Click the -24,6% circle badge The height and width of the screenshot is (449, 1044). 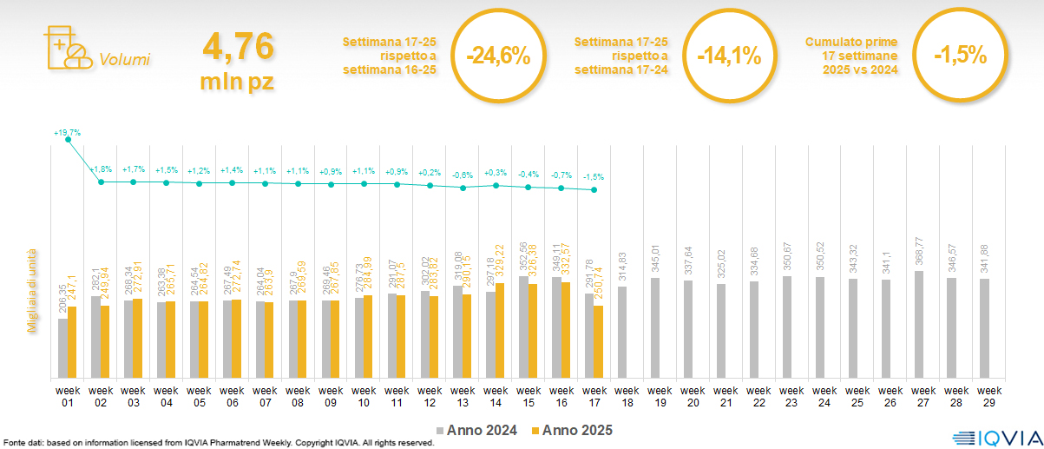pos(497,56)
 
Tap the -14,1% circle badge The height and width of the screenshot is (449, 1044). pos(728,56)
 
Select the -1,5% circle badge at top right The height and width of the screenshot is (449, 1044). pos(960,56)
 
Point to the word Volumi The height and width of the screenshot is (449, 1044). pos(124,60)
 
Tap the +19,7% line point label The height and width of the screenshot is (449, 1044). pos(67,133)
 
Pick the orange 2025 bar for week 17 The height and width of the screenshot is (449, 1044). pos(598,341)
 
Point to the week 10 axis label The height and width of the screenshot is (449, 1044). pos(364,395)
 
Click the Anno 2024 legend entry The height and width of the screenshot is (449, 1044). pos(482,430)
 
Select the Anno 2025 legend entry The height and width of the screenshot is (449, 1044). pos(573,430)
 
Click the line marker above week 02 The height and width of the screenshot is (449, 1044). pos(101,182)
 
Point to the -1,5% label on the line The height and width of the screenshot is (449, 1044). pos(594,176)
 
